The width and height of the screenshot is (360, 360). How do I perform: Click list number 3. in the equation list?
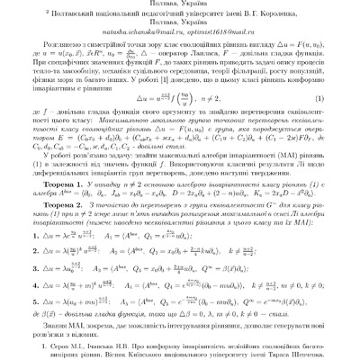58,270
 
